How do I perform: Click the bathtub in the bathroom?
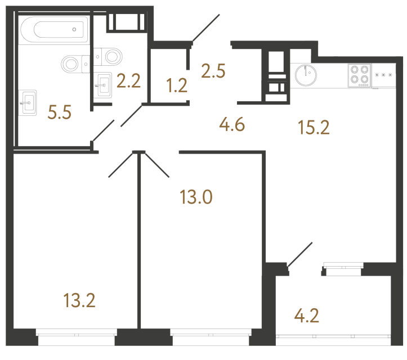[53, 29]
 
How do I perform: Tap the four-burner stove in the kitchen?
[359, 75]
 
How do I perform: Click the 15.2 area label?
[313, 127]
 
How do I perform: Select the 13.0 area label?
[196, 197]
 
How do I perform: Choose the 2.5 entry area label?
[214, 71]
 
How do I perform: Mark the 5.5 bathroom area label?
[60, 114]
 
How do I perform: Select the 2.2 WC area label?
[128, 83]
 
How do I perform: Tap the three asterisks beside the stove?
[384, 75]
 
